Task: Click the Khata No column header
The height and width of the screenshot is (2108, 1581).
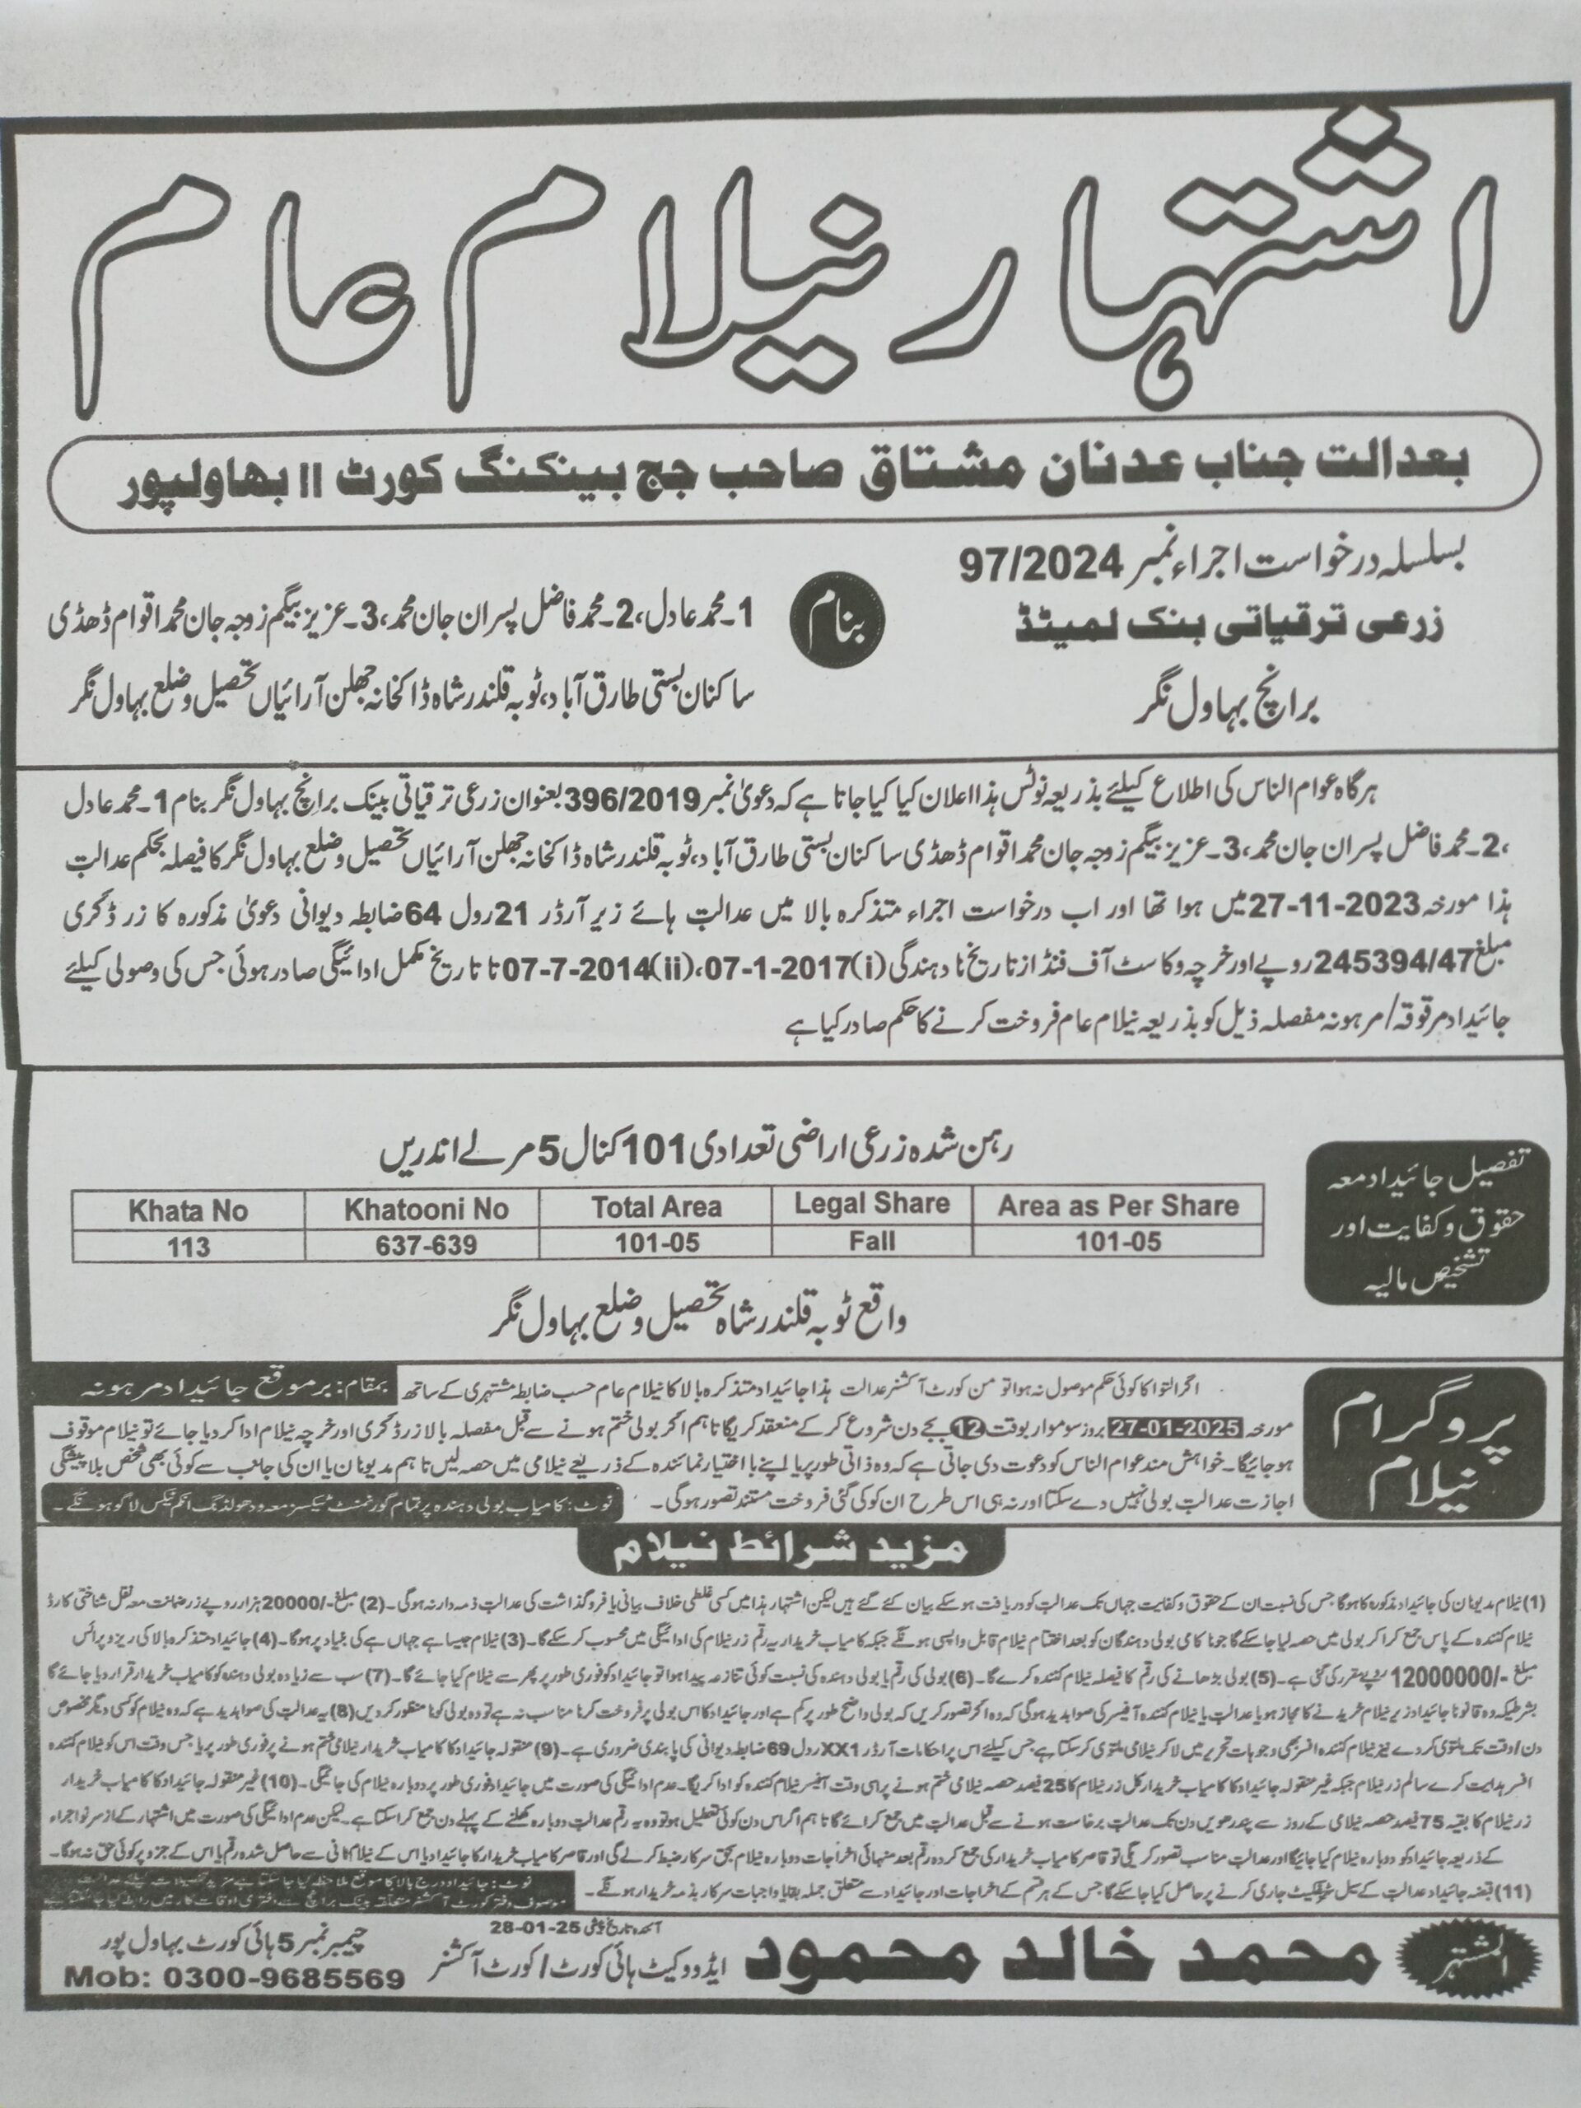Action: coord(188,1210)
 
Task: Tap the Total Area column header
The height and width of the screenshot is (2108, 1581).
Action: coord(656,1207)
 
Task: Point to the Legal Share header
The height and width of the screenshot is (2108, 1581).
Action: coord(872,1204)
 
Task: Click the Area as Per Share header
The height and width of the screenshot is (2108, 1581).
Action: coord(1118,1205)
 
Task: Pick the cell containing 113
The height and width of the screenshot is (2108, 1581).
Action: coord(188,1246)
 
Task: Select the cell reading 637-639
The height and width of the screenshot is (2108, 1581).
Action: coord(422,1244)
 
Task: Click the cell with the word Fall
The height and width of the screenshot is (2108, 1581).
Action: coord(872,1240)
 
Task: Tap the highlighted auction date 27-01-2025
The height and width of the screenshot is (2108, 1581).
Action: coord(1193,1429)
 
